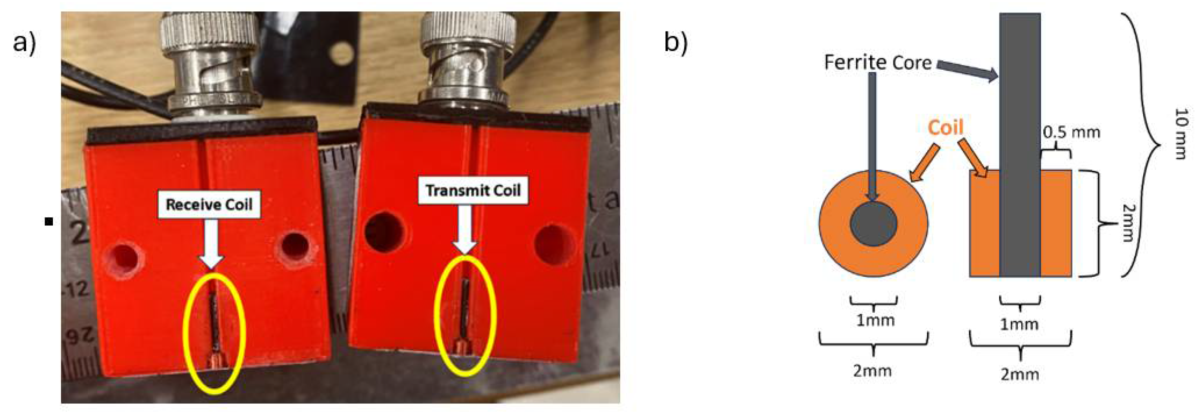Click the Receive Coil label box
tap(209, 204)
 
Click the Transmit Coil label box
tap(473, 190)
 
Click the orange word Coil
tap(945, 127)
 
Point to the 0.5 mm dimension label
tap(1071, 133)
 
